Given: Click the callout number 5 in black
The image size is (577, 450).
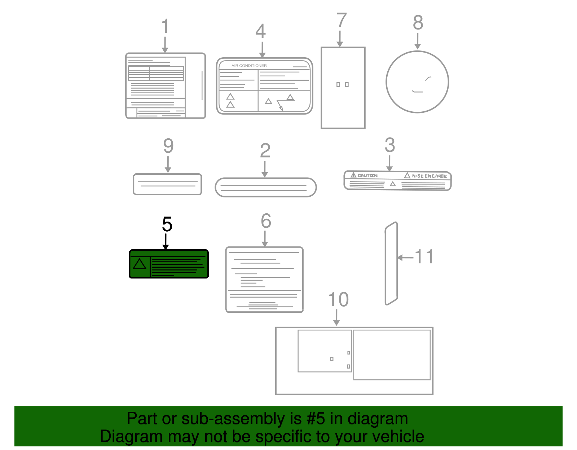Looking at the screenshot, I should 167,224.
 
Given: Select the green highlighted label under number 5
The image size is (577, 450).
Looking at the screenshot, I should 169,264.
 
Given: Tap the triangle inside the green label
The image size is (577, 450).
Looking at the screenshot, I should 140,264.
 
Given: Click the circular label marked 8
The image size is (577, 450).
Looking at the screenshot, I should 417,82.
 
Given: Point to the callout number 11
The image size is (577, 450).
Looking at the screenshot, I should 424,257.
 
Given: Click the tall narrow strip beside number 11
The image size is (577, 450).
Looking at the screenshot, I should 391,263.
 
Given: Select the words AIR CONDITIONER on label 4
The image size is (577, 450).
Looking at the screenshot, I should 249,66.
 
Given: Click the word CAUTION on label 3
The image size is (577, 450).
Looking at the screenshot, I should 367,175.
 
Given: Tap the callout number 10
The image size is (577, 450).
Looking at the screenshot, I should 338,300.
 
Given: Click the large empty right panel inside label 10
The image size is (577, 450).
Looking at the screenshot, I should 392,355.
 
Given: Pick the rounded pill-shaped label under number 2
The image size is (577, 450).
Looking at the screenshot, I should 265,187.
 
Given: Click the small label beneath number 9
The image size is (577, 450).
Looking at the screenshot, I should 167,184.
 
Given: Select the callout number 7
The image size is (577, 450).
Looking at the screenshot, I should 342,20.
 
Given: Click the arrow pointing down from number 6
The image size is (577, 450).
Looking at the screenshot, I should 265,239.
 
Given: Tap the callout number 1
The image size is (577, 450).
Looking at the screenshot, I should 165,27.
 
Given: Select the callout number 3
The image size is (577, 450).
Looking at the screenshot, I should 390,145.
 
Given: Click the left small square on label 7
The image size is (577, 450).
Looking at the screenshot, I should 338,85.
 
